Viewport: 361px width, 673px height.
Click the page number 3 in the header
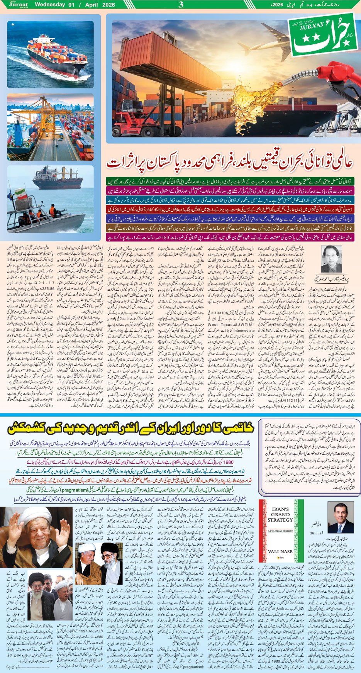181,5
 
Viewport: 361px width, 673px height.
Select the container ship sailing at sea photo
51,54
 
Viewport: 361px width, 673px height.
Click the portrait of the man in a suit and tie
341,518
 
